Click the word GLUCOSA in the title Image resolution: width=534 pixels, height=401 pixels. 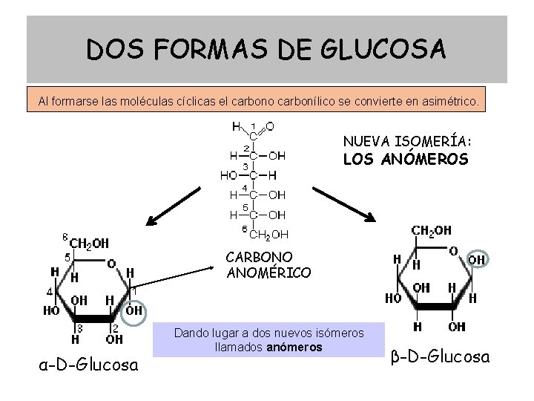[x=384, y=50]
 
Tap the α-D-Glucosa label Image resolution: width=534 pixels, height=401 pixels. [x=88, y=365]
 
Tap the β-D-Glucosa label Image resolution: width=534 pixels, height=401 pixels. [x=440, y=357]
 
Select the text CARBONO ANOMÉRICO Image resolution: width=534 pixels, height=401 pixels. [x=268, y=265]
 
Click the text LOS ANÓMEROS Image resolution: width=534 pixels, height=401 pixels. [x=405, y=159]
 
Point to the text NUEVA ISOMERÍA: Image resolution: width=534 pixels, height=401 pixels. [x=407, y=141]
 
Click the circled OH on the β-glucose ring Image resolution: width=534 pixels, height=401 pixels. [x=476, y=259]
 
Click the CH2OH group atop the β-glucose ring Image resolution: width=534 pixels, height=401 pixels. [x=431, y=231]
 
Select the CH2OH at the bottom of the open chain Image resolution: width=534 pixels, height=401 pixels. [x=268, y=235]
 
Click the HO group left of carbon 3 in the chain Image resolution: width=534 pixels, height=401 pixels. [x=228, y=176]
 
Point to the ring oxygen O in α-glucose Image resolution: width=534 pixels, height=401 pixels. [x=111, y=264]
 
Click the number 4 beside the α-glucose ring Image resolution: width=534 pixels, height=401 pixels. [x=50, y=292]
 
